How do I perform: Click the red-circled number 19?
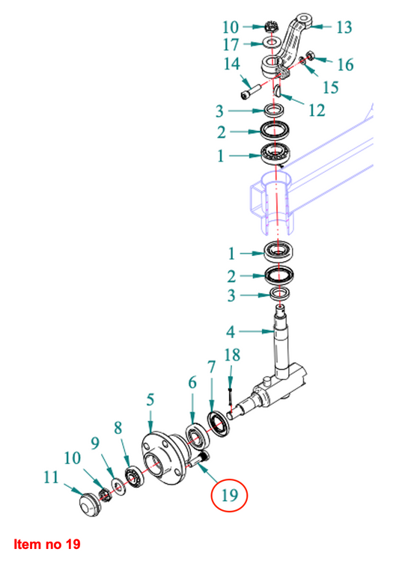(230, 494)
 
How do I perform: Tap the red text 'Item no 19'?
(46, 543)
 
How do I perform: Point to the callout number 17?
(231, 45)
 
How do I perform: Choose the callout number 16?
(344, 64)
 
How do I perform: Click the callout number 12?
(317, 110)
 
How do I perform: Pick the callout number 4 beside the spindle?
(232, 330)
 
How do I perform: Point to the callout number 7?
(211, 367)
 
